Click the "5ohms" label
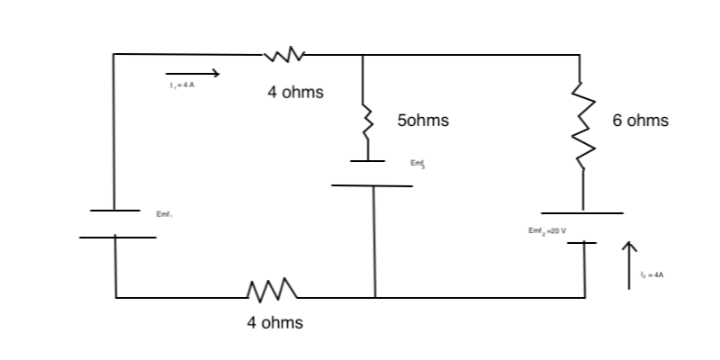[x=422, y=120]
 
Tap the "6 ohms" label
[x=640, y=121]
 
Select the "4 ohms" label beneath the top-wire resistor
[x=295, y=93]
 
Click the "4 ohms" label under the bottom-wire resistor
[x=274, y=322]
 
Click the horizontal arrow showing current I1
[x=192, y=72]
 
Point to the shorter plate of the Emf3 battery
[x=368, y=161]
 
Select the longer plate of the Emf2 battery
[x=581, y=213]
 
